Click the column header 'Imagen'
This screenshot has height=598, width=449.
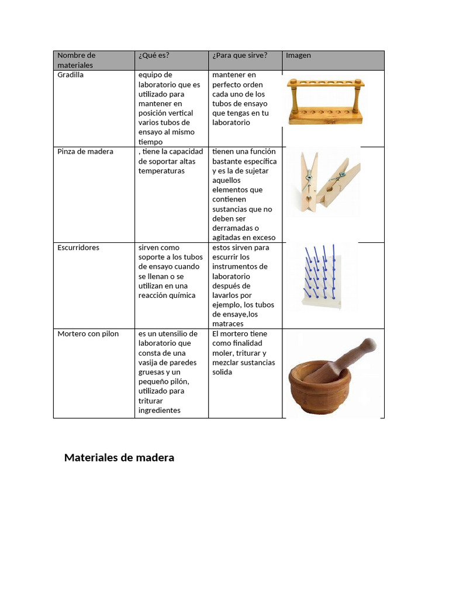point(298,55)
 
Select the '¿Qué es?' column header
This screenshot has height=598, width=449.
point(154,55)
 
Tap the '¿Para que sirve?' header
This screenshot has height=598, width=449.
point(240,55)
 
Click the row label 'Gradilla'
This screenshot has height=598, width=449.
point(71,75)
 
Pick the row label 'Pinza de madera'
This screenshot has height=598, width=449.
point(85,151)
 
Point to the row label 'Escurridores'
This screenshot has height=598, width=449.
point(78,248)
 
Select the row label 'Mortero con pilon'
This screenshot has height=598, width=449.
point(88,333)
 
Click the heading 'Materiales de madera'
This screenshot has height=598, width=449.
point(119,457)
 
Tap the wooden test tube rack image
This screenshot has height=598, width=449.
point(326,102)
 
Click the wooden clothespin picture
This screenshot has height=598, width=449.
point(327,182)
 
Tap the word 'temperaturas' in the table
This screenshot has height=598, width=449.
point(161,171)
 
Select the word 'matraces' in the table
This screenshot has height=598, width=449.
point(228,324)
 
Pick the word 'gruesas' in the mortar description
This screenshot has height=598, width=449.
point(151,372)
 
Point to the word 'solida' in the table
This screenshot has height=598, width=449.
point(222,372)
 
